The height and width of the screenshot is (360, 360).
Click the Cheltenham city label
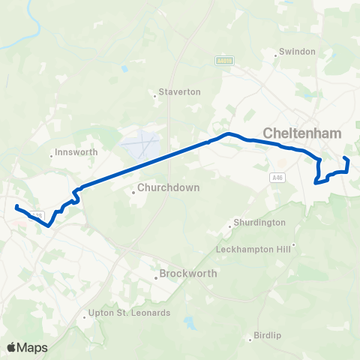[301, 133]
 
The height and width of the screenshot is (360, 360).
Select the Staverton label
[180, 91]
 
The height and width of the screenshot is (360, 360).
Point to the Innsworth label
[76, 152]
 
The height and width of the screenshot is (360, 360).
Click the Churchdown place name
[168, 187]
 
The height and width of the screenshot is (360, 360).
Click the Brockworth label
[188, 274]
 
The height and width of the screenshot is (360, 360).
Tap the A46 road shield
[278, 176]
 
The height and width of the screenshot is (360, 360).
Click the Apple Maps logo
[28, 347]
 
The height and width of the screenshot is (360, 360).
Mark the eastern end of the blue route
[345, 158]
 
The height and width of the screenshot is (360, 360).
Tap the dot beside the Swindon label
[274, 52]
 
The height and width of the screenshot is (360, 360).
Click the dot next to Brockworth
[156, 277]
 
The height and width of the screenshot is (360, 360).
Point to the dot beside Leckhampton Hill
[295, 244]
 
